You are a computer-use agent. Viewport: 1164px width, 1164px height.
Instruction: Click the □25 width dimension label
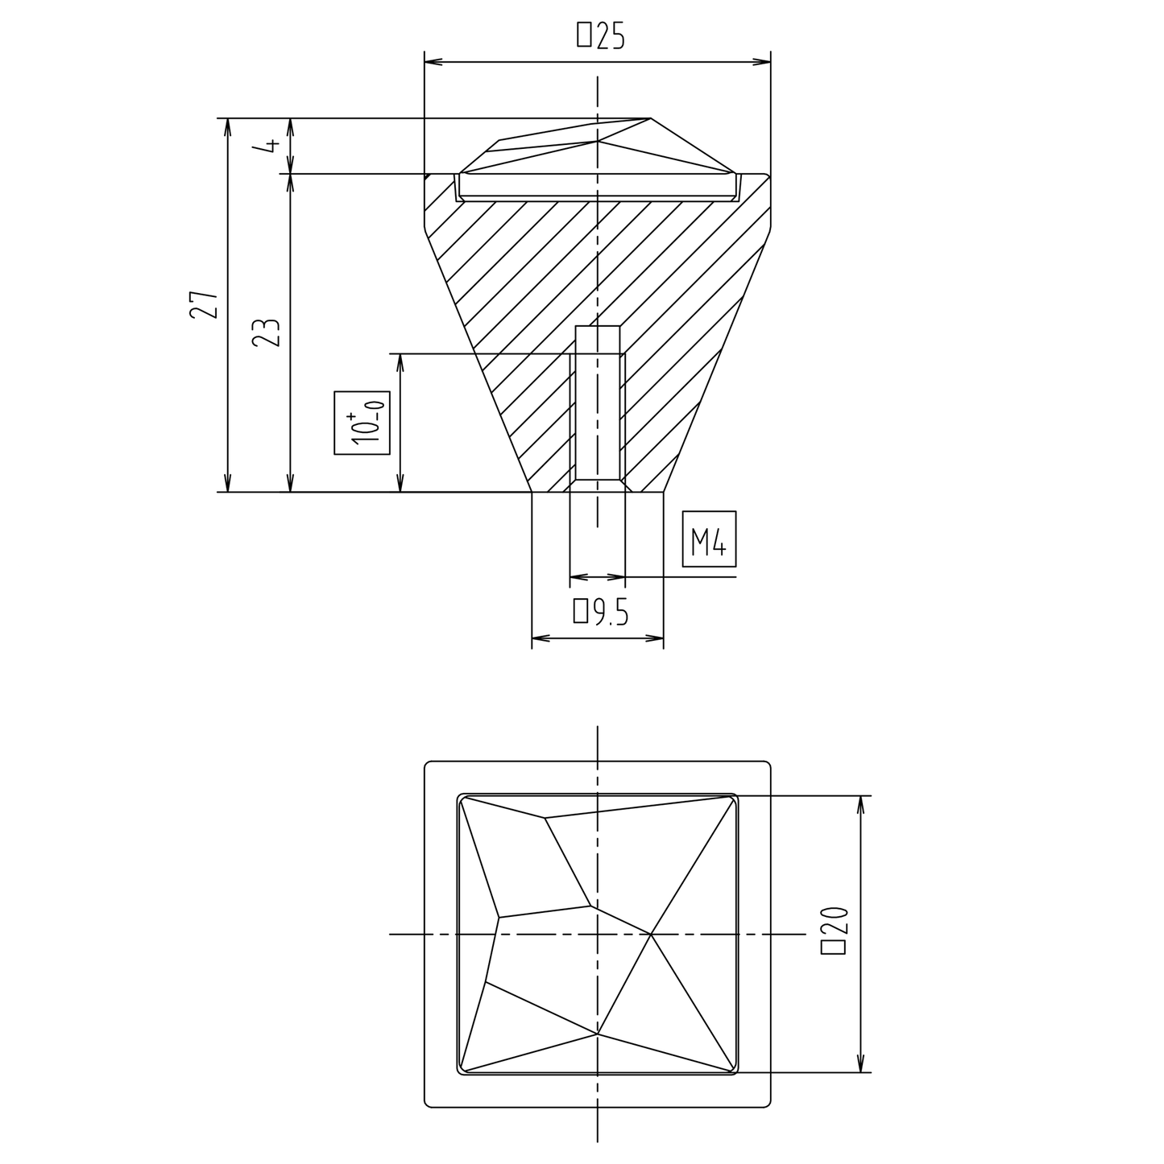click(x=600, y=35)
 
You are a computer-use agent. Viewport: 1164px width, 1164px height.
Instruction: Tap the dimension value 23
click(x=267, y=332)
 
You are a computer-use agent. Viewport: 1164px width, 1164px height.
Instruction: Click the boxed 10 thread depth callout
click(x=362, y=423)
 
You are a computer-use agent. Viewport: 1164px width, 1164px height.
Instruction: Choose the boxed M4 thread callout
click(x=709, y=539)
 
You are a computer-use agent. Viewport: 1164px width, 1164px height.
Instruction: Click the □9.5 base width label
click(x=601, y=612)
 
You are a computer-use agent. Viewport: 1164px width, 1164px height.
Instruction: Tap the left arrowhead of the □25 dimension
click(x=433, y=62)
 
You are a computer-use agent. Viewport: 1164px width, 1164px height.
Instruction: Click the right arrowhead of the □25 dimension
click(x=762, y=62)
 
